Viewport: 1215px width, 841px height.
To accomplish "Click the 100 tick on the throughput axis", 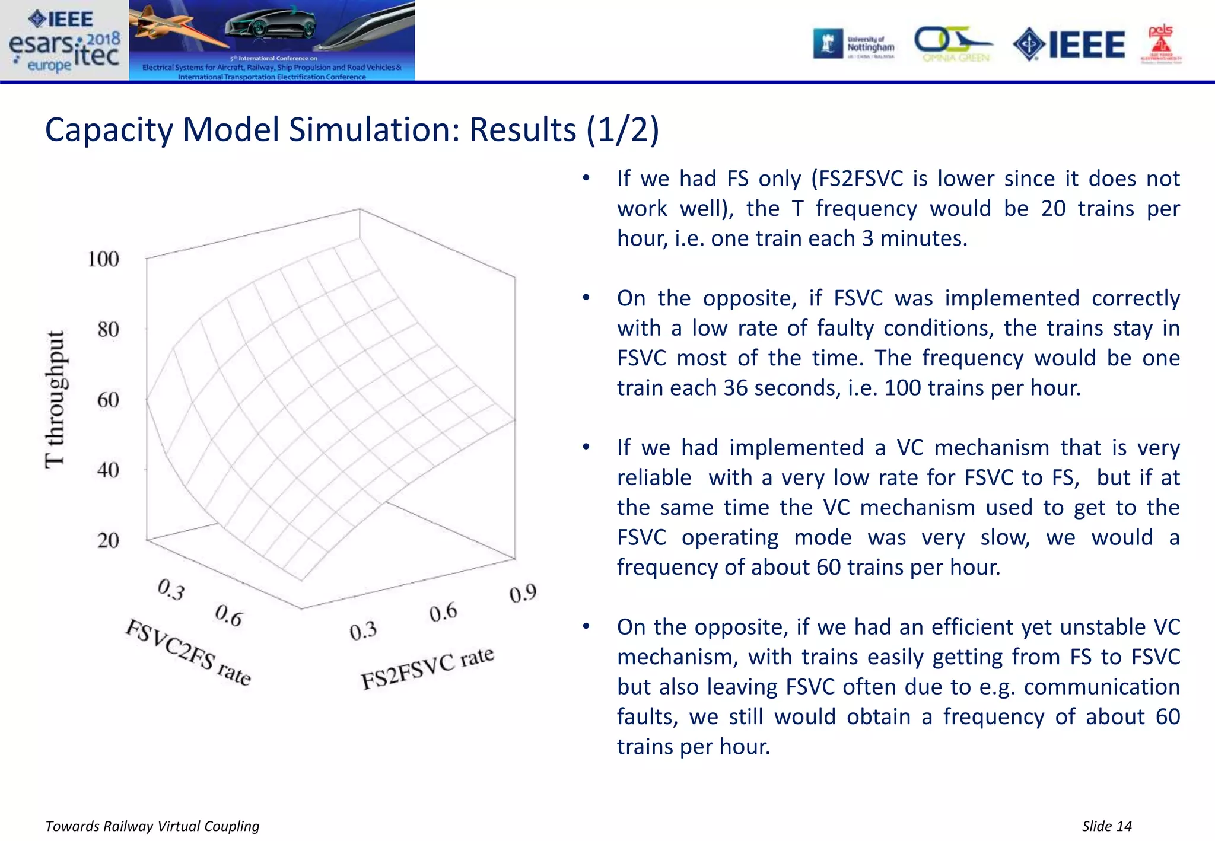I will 103,259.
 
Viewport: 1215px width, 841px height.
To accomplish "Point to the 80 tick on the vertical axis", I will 108,329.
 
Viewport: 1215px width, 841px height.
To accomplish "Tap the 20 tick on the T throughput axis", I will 108,540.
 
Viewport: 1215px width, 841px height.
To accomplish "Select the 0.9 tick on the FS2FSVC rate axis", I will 523,594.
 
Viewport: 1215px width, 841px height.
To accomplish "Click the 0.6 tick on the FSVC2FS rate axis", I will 228,616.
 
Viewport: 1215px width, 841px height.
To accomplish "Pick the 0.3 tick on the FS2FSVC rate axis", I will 363,631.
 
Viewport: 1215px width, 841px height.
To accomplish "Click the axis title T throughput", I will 55,399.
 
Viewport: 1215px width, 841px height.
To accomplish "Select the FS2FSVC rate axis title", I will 427,668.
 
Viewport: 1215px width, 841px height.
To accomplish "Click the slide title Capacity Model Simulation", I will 351,129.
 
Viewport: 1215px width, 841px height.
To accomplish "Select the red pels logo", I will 1161,43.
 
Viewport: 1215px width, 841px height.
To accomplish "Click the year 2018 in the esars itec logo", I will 103,39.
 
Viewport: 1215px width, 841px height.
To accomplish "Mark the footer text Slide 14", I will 1106,826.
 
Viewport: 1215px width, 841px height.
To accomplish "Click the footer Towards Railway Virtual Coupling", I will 152,826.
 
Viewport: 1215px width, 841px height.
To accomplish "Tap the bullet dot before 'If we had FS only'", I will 586,178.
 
